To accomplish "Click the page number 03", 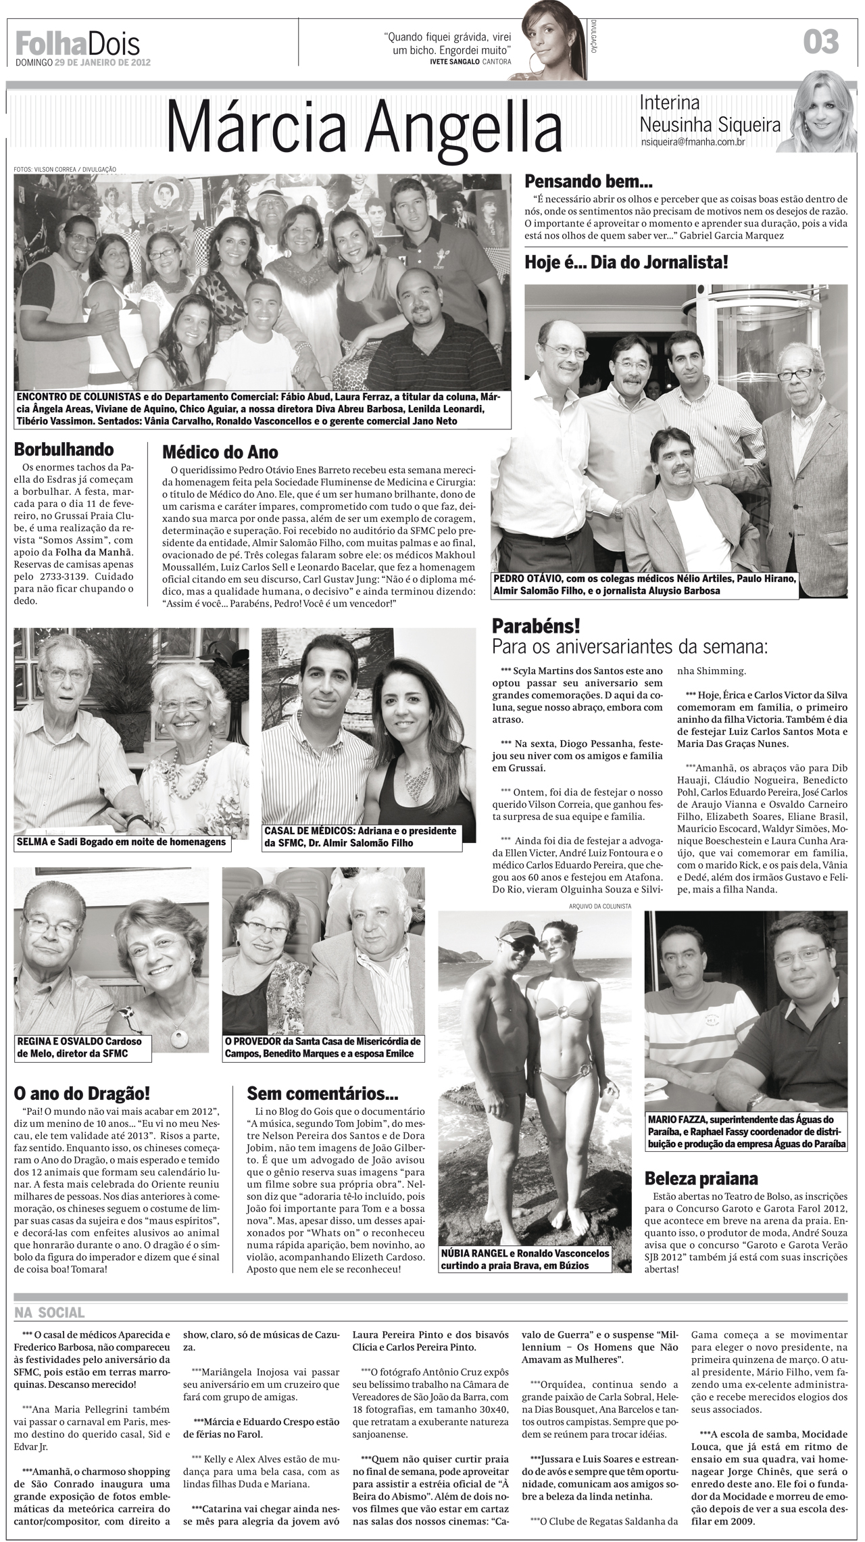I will click(x=820, y=42).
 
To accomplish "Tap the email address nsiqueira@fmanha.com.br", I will click(x=693, y=143).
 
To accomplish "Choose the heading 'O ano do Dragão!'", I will click(x=82, y=1092).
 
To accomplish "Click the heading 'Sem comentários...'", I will click(x=323, y=1092).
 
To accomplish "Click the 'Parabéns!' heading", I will click(x=536, y=625).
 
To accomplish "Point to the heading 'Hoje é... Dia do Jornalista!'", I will click(x=626, y=262).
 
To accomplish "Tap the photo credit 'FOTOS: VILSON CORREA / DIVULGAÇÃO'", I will click(x=65, y=169).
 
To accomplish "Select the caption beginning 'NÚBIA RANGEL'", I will click(x=524, y=1252).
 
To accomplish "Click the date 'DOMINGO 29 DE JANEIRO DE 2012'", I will click(x=82, y=62).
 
